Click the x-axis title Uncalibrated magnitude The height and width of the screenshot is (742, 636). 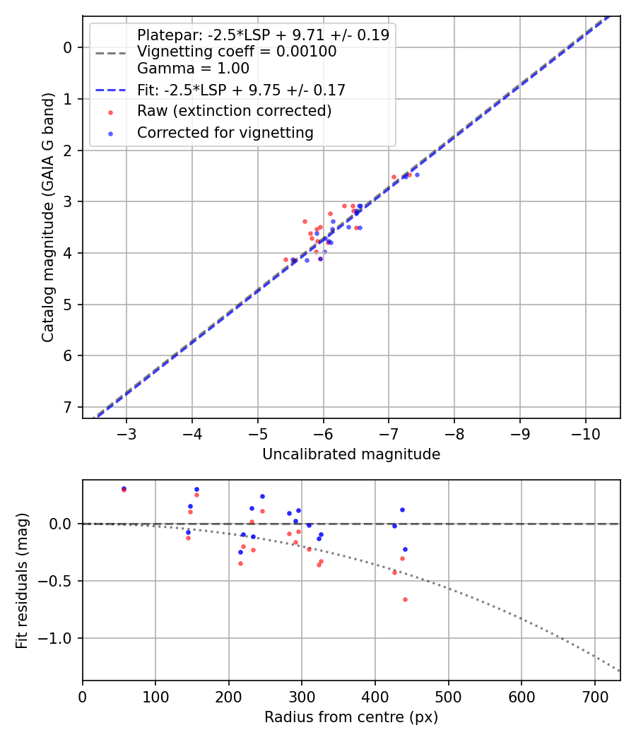click(x=351, y=454)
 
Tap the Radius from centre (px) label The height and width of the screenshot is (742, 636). click(x=351, y=717)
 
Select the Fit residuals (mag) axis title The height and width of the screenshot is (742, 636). click(x=23, y=580)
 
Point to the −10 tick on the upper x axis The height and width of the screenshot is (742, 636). click(x=585, y=432)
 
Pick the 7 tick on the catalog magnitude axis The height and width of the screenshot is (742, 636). click(x=68, y=407)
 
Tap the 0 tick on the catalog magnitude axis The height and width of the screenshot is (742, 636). click(x=68, y=47)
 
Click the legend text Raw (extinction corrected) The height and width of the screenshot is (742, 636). click(x=234, y=112)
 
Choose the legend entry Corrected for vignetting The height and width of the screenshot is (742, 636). click(x=225, y=133)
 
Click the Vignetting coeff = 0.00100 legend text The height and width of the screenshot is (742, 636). click(x=237, y=52)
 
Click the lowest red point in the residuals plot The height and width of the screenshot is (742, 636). click(x=405, y=599)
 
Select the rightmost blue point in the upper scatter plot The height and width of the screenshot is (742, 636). click(x=417, y=175)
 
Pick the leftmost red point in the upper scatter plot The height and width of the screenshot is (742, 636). click(x=285, y=259)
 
